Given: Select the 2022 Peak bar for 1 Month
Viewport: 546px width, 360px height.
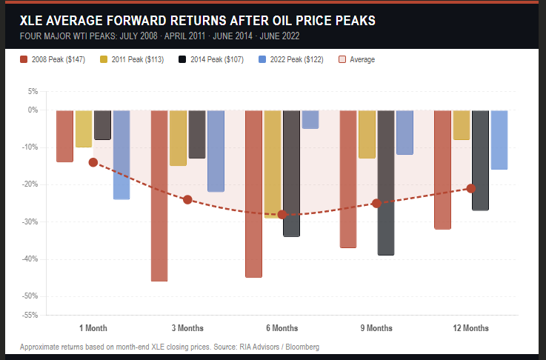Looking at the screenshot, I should pos(121,155).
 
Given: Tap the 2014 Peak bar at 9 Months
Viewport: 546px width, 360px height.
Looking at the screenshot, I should pos(386,182).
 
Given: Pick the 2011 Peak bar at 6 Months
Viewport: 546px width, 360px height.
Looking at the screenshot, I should pos(273,164).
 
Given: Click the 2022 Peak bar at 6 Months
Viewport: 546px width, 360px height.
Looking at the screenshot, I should pos(310,119).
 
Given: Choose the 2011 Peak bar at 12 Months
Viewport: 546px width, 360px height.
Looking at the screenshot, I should pos(462,124).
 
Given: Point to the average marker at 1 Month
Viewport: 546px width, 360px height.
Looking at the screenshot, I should pos(93,162).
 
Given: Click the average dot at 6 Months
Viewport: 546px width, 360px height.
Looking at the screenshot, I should pos(282,214).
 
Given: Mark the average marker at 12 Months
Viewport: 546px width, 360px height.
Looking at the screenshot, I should pos(470,188).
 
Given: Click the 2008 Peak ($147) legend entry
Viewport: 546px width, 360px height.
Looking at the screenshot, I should pos(47,59).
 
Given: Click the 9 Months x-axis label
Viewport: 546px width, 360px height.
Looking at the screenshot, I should pos(376,328).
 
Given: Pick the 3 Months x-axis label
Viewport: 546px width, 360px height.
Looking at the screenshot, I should pos(187,328).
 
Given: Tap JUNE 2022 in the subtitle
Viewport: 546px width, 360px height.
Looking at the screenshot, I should pos(281,36).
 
